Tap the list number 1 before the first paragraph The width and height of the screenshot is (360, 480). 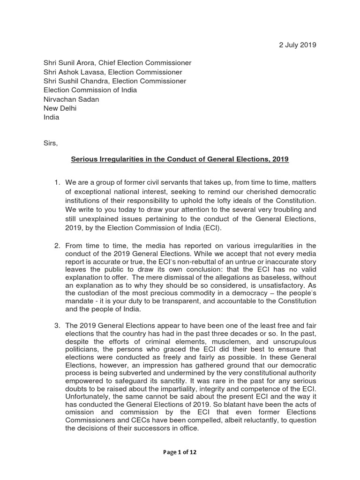click(x=57, y=182)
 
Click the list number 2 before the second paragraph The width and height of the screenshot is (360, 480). click(x=57, y=245)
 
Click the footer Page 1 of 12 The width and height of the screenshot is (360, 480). click(x=180, y=453)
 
